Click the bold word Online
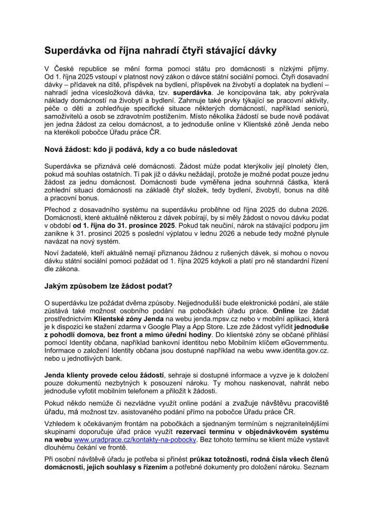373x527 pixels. click(285, 311)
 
